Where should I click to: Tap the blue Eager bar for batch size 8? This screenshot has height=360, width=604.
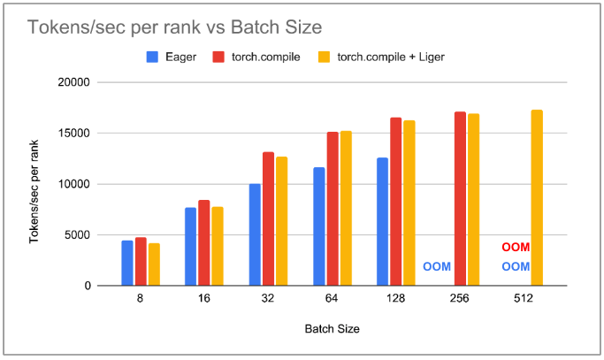pos(127,263)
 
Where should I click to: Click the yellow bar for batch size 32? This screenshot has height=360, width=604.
pos(281,221)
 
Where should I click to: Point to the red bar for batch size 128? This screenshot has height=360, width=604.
pos(395,202)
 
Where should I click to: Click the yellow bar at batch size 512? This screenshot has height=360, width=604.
pos(537,198)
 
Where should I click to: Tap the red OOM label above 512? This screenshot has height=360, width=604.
pos(516,248)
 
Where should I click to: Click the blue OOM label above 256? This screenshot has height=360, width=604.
pos(437,266)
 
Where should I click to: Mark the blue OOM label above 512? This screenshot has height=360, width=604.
pos(516,266)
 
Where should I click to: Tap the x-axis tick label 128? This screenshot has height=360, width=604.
pos(395,299)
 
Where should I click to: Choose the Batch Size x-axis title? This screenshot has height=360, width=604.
pos(332,328)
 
